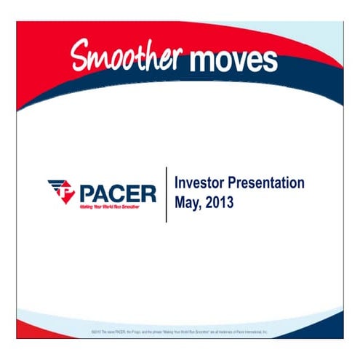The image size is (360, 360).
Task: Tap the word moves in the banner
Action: click(x=233, y=58)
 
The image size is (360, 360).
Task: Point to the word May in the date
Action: click(x=187, y=202)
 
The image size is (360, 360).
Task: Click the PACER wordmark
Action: click(x=117, y=193)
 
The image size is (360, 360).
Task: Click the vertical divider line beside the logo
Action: click(x=167, y=193)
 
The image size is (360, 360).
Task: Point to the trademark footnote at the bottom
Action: click(x=180, y=332)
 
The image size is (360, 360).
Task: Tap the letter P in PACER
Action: click(x=87, y=193)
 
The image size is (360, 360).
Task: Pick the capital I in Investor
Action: click(x=177, y=183)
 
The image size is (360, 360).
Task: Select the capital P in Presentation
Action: click(x=236, y=183)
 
